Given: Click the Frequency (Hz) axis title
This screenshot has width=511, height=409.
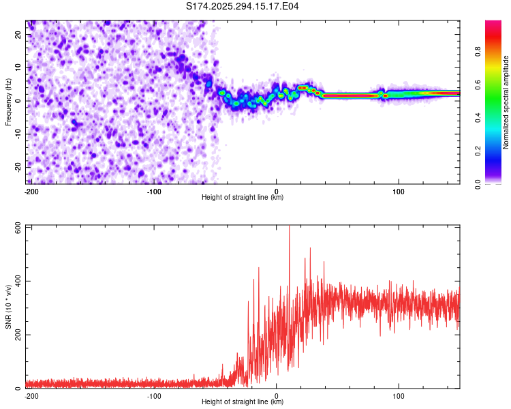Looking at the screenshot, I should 8,101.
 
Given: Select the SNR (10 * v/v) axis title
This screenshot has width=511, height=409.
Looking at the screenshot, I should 8,307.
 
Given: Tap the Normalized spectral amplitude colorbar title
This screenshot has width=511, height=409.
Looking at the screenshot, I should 506,102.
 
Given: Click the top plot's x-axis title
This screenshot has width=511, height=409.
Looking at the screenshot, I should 243,197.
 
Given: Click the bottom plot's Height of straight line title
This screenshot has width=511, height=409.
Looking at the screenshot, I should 243,402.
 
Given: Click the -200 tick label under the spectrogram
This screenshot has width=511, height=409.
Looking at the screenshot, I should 31,191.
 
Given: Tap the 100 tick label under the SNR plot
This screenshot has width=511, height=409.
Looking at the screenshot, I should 399,395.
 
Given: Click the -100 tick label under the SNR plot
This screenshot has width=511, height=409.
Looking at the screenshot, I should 154,395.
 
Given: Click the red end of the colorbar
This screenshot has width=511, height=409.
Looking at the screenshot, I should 493,27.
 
